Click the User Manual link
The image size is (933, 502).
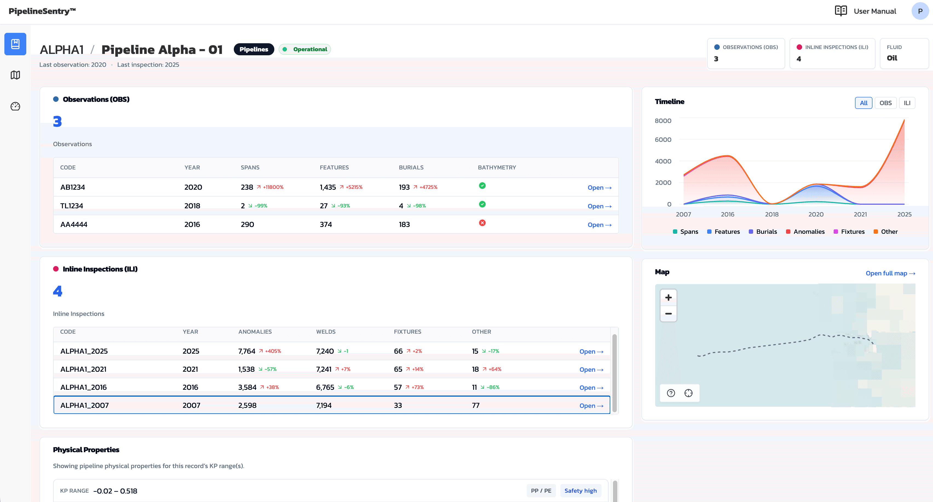click(874, 11)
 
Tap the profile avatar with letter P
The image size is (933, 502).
click(920, 11)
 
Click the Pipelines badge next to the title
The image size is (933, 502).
click(254, 49)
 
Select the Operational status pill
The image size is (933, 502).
click(305, 49)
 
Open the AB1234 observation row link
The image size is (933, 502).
click(599, 187)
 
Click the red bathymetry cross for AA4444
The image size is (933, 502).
click(482, 223)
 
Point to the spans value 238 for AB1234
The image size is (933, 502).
click(247, 187)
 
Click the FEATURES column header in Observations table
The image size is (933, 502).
click(334, 167)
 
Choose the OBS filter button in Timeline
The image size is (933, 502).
click(885, 103)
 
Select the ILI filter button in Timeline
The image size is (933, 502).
click(906, 103)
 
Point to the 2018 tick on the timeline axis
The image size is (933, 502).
click(771, 214)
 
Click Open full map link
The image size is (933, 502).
click(890, 273)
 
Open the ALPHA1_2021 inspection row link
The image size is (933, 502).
click(591, 370)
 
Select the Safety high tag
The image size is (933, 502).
click(580, 491)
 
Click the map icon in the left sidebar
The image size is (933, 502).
click(15, 75)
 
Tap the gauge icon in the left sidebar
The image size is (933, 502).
click(15, 106)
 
